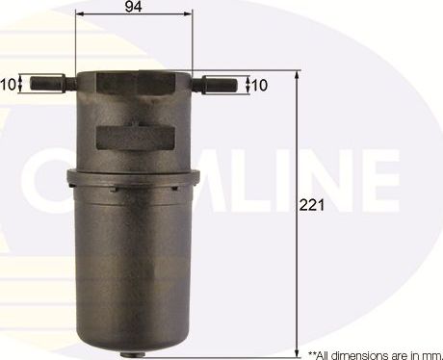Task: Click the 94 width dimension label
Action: point(135,7)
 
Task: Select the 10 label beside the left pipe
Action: point(8,84)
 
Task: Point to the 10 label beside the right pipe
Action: point(260,85)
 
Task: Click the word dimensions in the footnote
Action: point(355,353)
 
